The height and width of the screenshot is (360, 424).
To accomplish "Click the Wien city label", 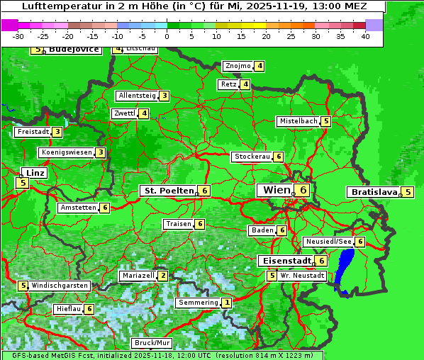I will tap(276, 190).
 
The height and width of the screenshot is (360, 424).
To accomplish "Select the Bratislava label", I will tap(373, 192).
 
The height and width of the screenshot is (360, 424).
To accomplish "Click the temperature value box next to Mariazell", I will tap(163, 276).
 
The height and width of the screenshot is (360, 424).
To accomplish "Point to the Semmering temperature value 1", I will tap(226, 303).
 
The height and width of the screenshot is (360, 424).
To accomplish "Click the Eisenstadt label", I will tap(285, 261).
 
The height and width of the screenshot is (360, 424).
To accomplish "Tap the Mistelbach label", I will tap(299, 121).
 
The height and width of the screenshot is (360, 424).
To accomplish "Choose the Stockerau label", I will tap(252, 157).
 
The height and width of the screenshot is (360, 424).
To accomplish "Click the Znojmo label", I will tap(238, 66).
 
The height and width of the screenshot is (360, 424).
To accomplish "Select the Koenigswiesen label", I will tap(67, 152).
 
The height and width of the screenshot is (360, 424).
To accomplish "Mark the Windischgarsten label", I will tap(60, 286).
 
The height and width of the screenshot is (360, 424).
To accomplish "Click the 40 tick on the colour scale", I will tap(365, 36).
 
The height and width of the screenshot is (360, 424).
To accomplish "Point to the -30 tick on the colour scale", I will tap(19, 36).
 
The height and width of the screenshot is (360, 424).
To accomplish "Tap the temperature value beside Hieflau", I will tap(89, 309).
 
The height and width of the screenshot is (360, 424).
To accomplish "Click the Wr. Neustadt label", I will tap(303, 276).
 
